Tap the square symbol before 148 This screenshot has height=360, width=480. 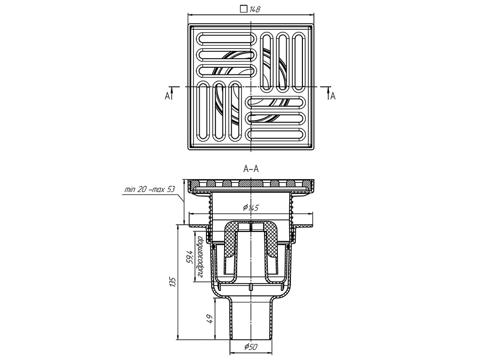(243, 8)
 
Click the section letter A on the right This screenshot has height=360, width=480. (333, 96)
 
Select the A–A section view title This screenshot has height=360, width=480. (251, 169)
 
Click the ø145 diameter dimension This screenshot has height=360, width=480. (251, 208)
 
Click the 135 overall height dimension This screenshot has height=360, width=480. (173, 283)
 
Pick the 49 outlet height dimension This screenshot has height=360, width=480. (209, 319)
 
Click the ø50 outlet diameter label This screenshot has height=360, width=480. (251, 347)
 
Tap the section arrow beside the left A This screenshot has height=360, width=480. (171, 93)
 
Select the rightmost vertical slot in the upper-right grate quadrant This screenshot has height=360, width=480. (299, 61)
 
